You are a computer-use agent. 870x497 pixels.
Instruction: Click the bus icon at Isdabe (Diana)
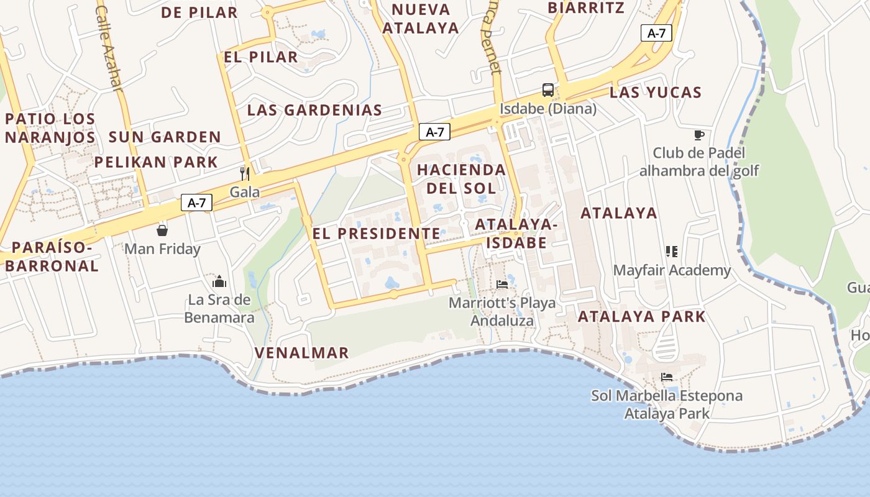click(547, 90)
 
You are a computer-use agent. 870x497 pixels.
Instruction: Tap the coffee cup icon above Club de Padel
click(699, 135)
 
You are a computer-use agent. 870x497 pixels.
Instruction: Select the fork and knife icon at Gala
click(245, 173)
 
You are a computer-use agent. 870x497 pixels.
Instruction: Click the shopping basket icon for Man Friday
click(162, 230)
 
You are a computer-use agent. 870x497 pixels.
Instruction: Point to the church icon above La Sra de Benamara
click(219, 281)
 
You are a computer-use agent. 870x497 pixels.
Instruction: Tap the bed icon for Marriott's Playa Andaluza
click(502, 285)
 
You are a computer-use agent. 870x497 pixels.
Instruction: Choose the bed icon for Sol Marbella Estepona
click(667, 377)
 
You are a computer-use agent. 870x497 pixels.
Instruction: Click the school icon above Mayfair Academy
click(672, 252)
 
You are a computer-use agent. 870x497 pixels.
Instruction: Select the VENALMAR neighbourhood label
click(302, 353)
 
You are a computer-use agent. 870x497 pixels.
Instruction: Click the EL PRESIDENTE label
click(376, 234)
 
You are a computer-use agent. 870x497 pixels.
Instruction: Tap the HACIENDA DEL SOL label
click(461, 178)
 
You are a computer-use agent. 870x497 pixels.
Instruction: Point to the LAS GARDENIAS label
click(314, 111)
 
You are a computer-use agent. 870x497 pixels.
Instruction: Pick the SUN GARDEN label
click(165, 137)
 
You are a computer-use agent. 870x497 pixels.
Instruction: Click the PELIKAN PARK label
click(156, 162)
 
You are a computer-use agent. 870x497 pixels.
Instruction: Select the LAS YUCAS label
click(656, 93)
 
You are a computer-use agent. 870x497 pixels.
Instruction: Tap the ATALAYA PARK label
click(642, 316)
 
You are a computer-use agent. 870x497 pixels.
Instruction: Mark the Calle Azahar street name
click(110, 47)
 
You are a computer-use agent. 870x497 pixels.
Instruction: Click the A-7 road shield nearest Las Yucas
click(656, 34)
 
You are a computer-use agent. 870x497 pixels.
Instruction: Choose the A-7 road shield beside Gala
click(196, 203)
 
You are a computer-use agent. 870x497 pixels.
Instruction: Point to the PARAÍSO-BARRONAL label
click(52, 257)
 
